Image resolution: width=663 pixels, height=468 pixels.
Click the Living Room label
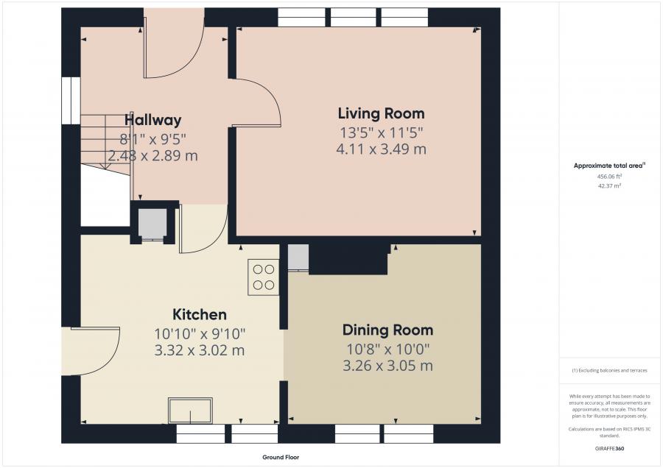(x=381, y=113)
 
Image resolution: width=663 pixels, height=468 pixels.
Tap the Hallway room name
(x=152, y=120)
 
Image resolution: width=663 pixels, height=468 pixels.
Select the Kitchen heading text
(x=200, y=314)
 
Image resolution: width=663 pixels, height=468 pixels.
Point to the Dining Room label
(x=387, y=330)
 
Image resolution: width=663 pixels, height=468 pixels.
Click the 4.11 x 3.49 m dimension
(x=381, y=149)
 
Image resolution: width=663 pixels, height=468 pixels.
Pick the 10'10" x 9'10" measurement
(x=200, y=334)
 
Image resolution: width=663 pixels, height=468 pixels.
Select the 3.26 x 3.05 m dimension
(x=387, y=366)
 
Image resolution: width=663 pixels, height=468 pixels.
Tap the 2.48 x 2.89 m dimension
(x=152, y=155)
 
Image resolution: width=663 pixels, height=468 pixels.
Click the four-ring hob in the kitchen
(x=264, y=277)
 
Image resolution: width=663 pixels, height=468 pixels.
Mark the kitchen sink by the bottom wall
(x=190, y=410)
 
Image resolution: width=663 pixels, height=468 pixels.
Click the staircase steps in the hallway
(x=105, y=142)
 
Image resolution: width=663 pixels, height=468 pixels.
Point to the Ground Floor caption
(x=281, y=457)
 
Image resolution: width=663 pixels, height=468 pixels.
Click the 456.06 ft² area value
(x=609, y=177)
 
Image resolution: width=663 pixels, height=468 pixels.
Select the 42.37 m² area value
(x=609, y=186)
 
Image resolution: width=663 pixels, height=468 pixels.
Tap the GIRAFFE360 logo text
(x=609, y=449)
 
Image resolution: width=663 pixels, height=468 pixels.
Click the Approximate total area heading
(x=609, y=166)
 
